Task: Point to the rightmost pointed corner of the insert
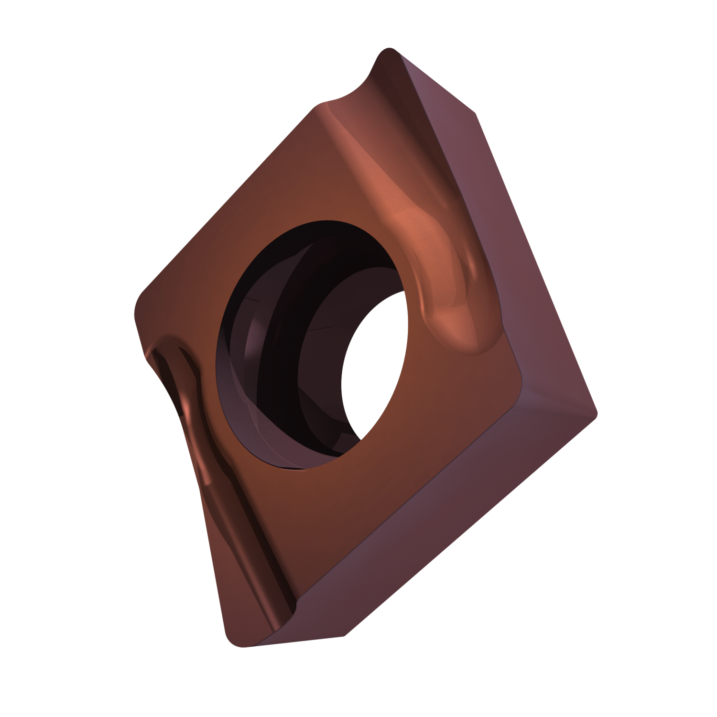[595, 411]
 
